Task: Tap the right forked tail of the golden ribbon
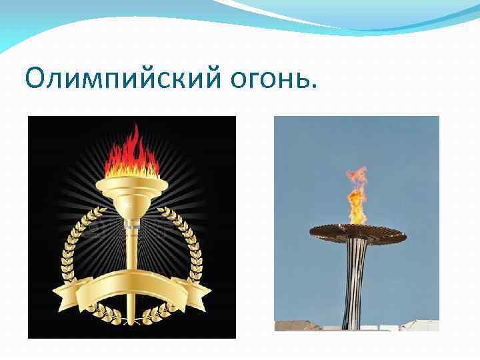point(203,293)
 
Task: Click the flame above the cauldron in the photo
point(356,197)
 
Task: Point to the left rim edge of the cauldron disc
point(312,232)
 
